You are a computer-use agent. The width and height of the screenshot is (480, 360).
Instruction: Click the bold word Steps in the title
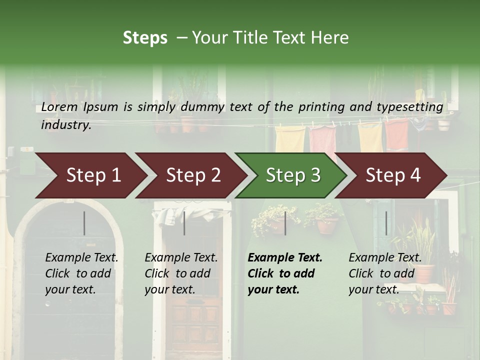tap(145, 38)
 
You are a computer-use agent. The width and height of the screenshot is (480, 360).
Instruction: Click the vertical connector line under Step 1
tap(84, 223)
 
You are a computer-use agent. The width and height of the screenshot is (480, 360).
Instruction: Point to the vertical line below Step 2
tap(184, 223)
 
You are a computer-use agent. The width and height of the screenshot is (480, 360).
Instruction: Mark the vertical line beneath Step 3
tap(285, 223)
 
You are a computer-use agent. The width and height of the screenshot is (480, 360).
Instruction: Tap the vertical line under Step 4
tap(386, 223)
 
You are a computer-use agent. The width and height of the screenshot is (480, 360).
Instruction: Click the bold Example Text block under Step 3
tap(285, 273)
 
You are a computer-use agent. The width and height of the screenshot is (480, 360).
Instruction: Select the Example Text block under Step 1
tap(81, 273)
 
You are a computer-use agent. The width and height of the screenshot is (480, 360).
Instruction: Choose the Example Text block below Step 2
tap(181, 273)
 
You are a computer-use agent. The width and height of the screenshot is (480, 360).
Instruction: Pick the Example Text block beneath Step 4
tap(385, 273)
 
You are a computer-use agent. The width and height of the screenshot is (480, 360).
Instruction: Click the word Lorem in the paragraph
tap(59, 107)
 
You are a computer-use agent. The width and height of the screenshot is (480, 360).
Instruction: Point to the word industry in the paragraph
tap(66, 125)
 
